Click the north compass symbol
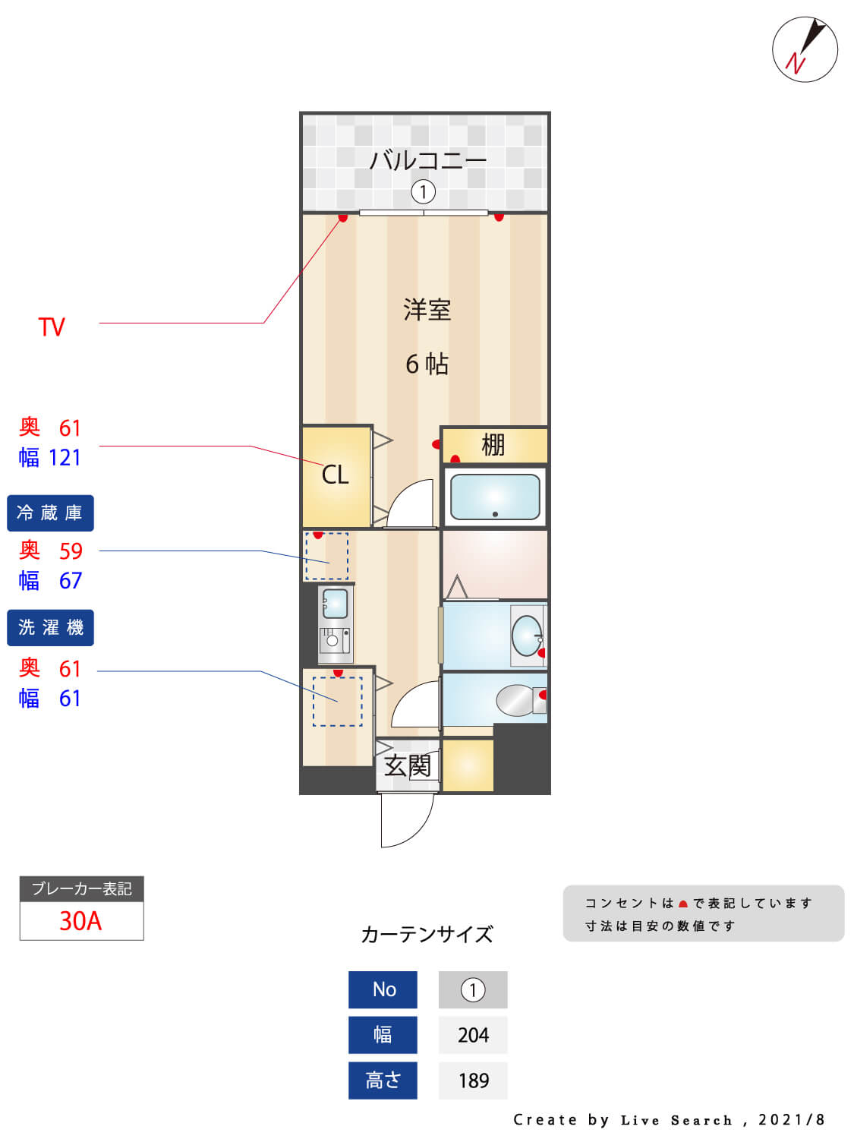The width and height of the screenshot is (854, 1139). click(805, 49)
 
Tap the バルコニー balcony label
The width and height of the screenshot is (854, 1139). click(427, 160)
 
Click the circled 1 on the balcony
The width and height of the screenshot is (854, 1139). click(423, 192)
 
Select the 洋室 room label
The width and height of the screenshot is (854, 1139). click(427, 310)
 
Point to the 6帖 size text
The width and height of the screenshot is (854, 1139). click(427, 364)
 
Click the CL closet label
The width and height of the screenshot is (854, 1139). click(335, 475)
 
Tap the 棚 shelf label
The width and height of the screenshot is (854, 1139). click(493, 445)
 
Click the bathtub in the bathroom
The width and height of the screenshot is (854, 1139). click(495, 497)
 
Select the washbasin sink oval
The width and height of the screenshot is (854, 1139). click(526, 636)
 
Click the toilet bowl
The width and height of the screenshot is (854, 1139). click(516, 700)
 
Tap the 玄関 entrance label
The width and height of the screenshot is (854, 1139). click(408, 765)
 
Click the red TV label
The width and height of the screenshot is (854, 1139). click(52, 327)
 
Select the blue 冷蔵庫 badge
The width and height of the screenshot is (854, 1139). click(50, 513)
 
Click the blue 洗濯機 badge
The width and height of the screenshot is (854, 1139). click(50, 628)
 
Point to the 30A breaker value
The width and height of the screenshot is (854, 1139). click(80, 921)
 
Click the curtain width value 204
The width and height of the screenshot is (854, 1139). click(473, 1035)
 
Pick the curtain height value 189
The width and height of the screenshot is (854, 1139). click(473, 1081)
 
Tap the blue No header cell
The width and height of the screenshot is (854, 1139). click(383, 989)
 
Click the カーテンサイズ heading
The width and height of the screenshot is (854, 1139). click(427, 934)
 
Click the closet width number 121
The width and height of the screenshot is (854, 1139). click(65, 458)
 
